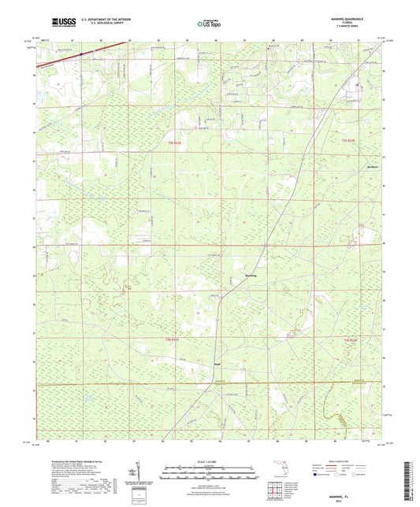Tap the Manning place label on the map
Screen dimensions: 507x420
tap(251, 276)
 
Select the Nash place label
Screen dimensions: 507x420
tap(215, 364)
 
